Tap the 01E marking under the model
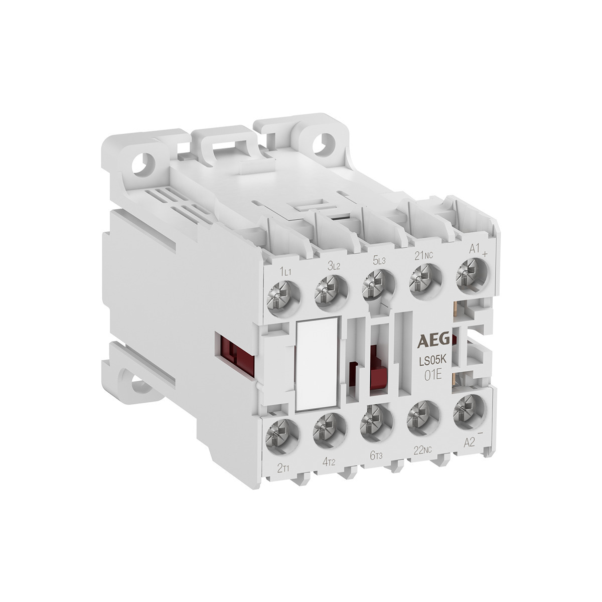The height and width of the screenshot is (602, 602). (x=431, y=376)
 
